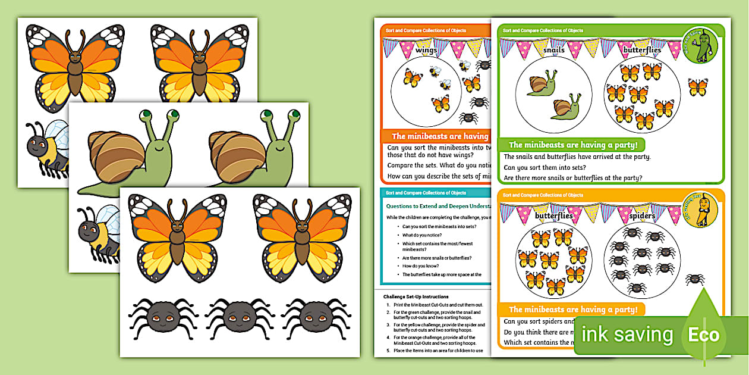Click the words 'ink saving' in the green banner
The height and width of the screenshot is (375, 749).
628,334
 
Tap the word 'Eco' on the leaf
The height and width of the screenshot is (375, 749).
704,335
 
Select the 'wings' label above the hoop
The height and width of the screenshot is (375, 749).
426,51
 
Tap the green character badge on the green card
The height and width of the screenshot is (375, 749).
700,45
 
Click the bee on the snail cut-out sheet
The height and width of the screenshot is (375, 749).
98,235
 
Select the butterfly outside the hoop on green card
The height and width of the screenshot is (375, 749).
697,87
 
